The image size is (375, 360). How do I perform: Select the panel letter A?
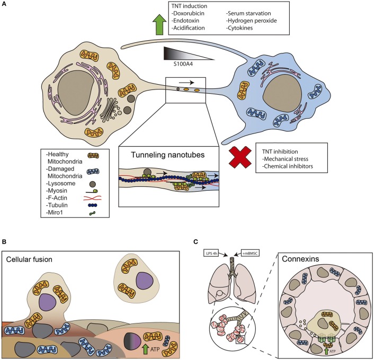4,5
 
